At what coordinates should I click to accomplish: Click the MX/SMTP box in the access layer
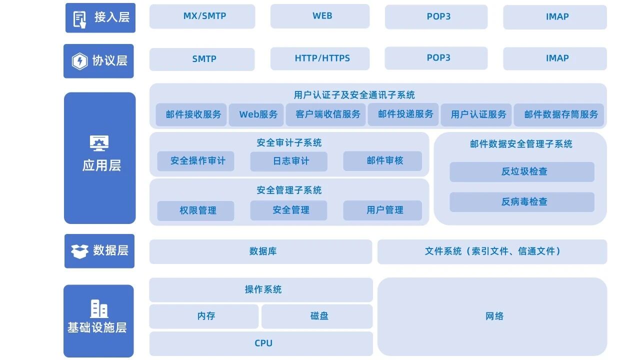(202, 16)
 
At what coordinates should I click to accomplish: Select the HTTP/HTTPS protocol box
(320, 58)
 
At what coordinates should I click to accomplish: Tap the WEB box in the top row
(320, 16)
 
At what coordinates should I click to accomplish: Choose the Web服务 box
(257, 114)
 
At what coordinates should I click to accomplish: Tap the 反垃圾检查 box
(522, 171)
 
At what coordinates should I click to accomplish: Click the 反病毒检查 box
(522, 202)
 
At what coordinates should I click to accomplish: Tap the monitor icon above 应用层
(99, 143)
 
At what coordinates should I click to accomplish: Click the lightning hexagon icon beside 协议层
(79, 61)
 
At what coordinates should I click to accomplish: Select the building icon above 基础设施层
(99, 308)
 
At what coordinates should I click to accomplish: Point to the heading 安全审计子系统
(289, 143)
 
